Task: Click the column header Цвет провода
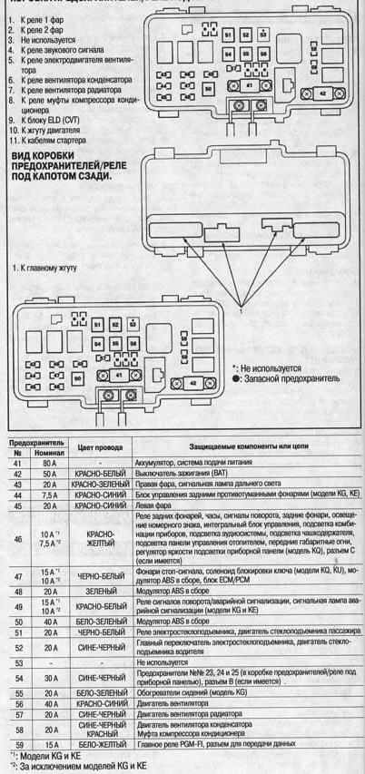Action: [98, 447]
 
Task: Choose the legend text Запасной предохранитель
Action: [291, 377]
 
